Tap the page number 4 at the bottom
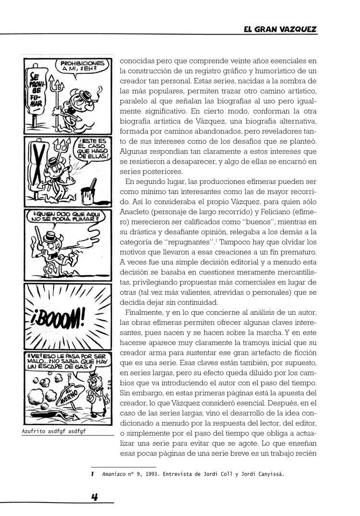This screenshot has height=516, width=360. click(95, 498)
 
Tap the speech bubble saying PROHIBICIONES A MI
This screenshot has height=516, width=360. click(79, 66)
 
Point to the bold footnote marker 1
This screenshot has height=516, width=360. click(92, 474)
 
